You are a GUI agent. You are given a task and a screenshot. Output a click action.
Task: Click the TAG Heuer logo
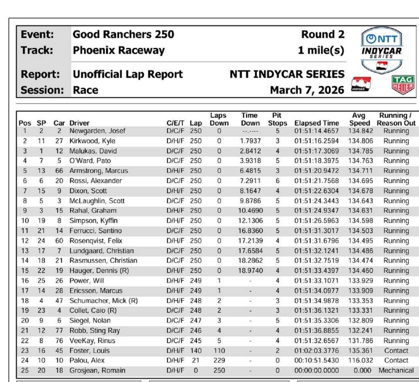click(x=403, y=85)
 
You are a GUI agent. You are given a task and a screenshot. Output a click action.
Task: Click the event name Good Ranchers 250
click(x=123, y=34)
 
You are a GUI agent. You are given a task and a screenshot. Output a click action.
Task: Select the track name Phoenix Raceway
click(x=119, y=50)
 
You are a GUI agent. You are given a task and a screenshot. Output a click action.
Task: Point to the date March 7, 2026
click(x=307, y=90)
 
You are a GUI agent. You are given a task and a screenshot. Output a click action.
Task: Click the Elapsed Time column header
click(x=316, y=123)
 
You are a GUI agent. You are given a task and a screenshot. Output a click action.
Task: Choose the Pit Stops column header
click(x=277, y=119)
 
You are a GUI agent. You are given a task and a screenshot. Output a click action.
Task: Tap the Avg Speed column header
click(x=360, y=119)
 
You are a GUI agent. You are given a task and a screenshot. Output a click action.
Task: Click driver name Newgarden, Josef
click(x=97, y=131)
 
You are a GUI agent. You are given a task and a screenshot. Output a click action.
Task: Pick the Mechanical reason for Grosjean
click(x=396, y=371)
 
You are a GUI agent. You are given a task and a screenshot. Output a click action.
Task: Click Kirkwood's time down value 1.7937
click(x=250, y=141)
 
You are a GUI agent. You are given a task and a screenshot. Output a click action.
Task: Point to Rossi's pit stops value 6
click(x=277, y=181)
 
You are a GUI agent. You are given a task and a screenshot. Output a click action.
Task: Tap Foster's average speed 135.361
click(x=360, y=351)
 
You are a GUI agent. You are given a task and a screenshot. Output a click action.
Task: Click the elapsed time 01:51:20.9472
click(x=316, y=171)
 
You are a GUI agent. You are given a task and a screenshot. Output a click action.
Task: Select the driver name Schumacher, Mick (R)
click(x=103, y=301)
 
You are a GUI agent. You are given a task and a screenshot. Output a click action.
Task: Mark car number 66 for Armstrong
click(x=59, y=171)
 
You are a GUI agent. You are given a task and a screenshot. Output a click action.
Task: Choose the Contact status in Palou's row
click(x=396, y=361)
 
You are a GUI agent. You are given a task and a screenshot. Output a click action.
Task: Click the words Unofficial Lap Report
click(x=128, y=75)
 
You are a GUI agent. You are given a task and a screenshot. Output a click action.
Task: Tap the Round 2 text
click(x=323, y=34)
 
